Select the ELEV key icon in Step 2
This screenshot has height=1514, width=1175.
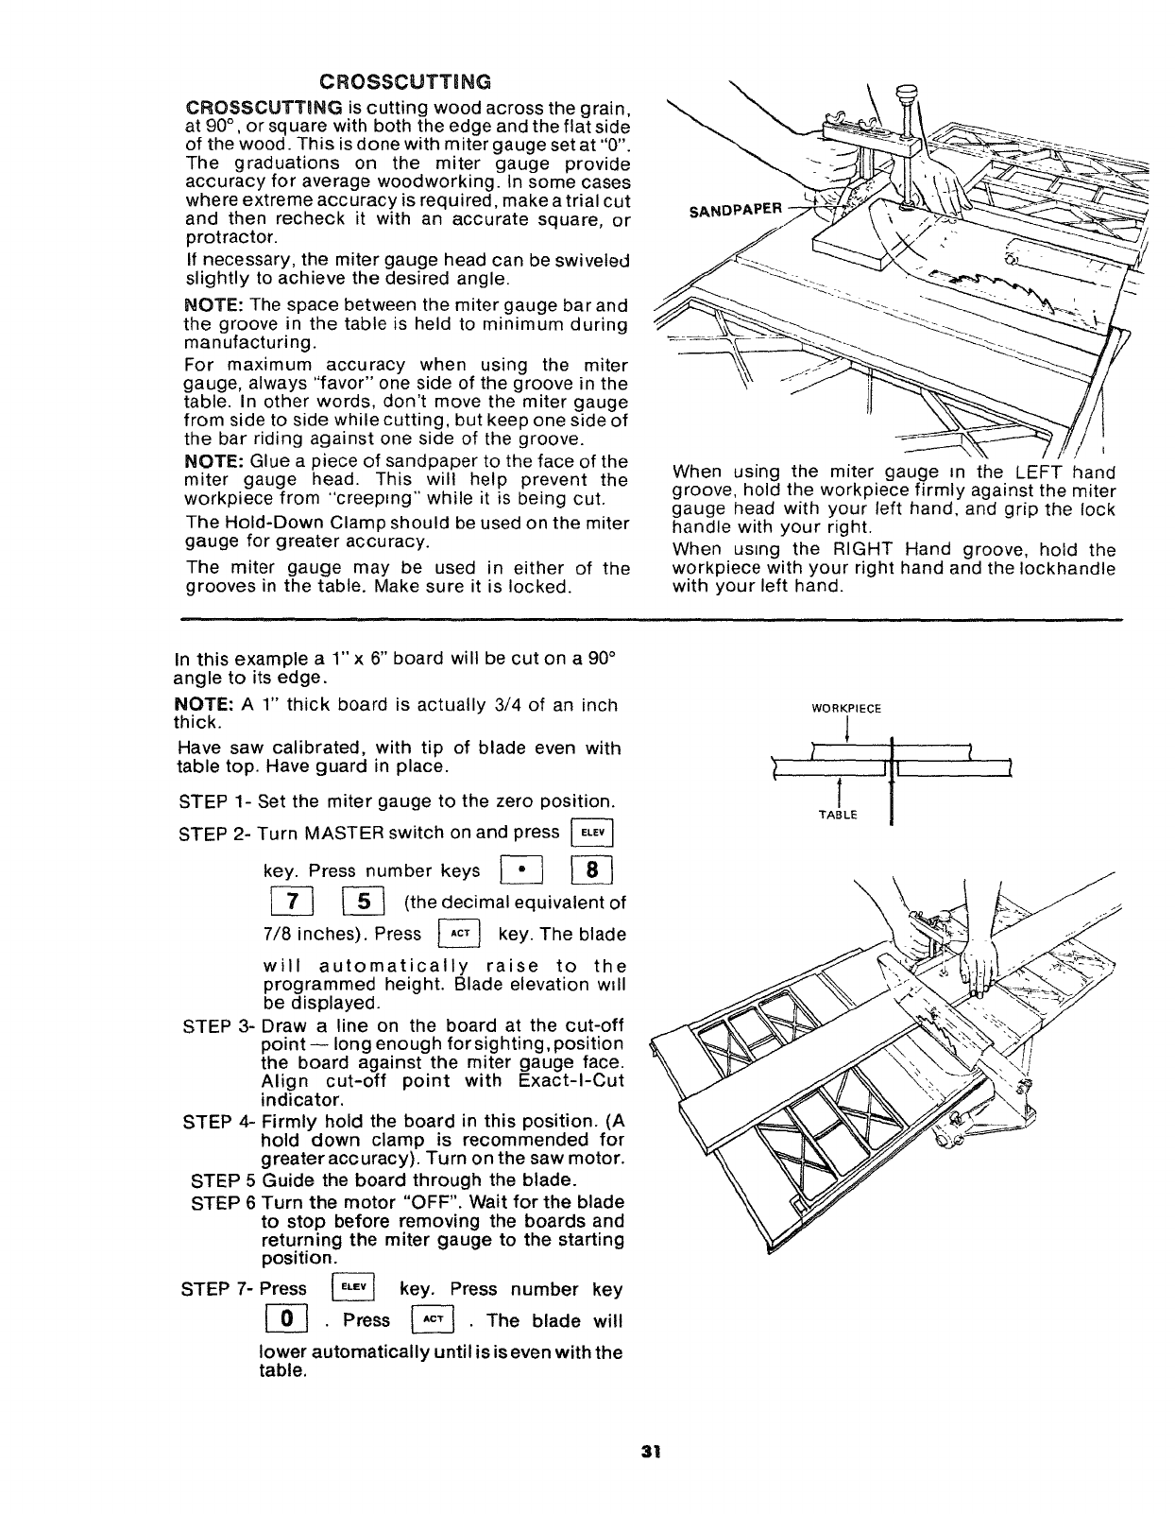(x=593, y=833)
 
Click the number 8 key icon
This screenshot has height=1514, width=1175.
(x=593, y=869)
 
